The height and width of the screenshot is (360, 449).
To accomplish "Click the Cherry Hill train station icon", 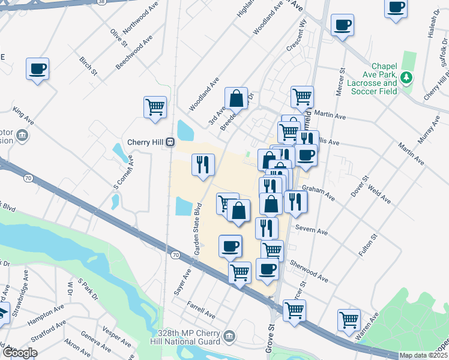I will [x=170, y=142].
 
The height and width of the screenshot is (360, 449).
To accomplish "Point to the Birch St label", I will [x=88, y=66].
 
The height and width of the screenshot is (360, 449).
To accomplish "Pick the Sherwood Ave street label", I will [x=309, y=271].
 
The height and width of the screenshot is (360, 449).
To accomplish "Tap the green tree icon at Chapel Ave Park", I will [x=406, y=77].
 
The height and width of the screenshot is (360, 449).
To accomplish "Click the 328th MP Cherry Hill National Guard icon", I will [x=228, y=335].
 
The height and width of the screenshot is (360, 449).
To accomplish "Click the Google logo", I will [x=20, y=352].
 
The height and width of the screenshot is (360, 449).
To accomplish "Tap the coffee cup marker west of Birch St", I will [x=37, y=68].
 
